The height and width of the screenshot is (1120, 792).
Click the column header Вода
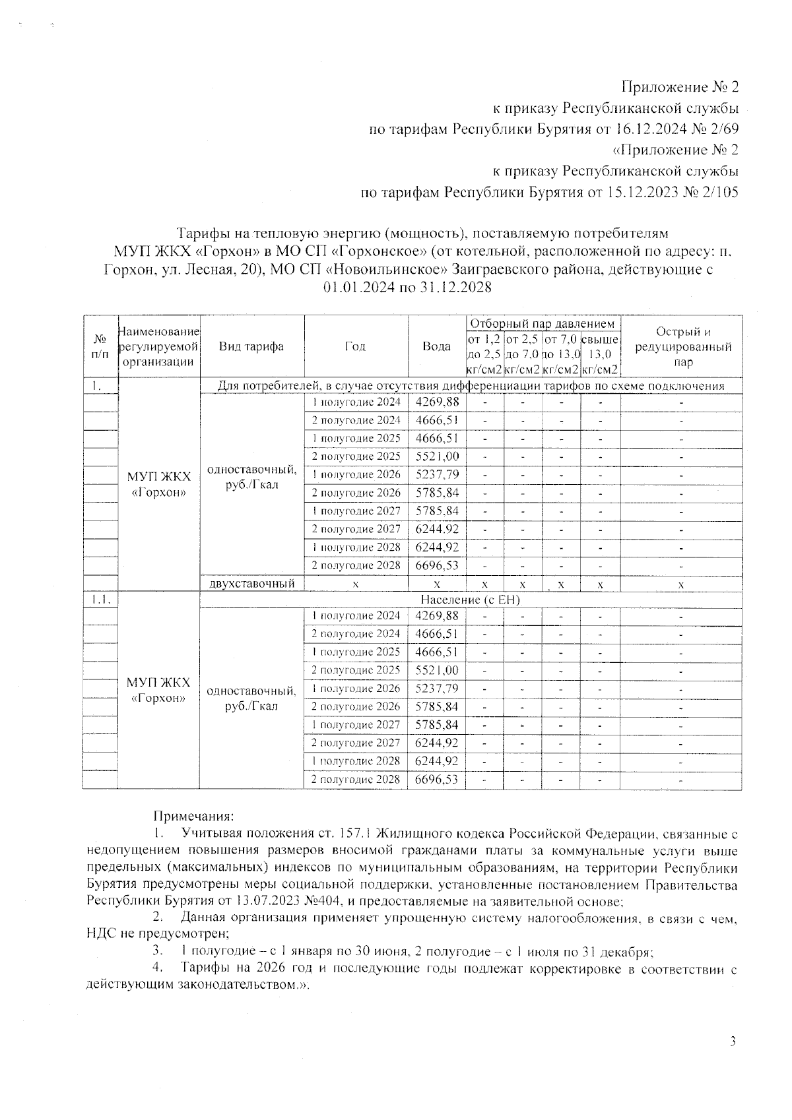[436, 346]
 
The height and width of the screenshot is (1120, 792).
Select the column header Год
[355, 346]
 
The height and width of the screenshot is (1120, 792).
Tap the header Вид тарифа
[251, 346]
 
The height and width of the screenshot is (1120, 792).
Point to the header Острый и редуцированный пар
[683, 347]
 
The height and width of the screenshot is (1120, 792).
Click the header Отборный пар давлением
[542, 324]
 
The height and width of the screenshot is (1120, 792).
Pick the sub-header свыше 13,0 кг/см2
[600, 355]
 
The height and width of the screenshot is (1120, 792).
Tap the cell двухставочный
[251, 584]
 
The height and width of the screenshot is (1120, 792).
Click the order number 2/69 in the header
[722, 129]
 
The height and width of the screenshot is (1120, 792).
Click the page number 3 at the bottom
[732, 1042]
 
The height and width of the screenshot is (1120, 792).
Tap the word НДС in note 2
[101, 933]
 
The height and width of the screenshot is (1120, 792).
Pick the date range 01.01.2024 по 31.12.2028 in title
[407, 288]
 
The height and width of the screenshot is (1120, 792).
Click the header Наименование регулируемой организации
[158, 346]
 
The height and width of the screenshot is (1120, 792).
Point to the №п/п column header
[100, 346]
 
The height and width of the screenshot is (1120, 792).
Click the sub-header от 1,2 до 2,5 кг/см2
[484, 355]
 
